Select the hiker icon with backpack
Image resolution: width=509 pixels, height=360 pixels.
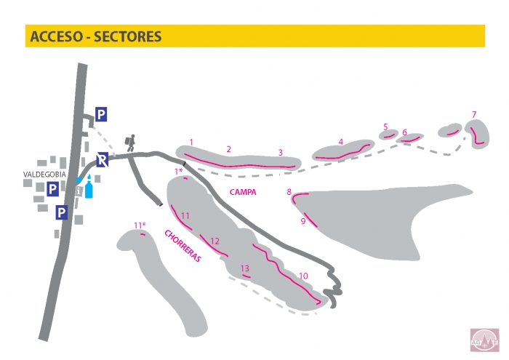pyautogui.click(x=130, y=143)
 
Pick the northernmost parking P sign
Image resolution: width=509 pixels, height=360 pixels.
pyautogui.click(x=101, y=114)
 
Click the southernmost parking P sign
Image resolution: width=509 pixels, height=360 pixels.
pyautogui.click(x=62, y=212)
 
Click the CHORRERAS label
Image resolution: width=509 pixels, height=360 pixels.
pyautogui.click(x=183, y=247)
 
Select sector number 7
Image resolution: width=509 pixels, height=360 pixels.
pyautogui.click(x=474, y=114)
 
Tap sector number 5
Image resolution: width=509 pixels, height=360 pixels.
pyautogui.click(x=385, y=126)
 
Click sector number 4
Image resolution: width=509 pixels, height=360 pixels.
pyautogui.click(x=340, y=142)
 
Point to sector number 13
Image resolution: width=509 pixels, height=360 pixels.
pyautogui.click(x=245, y=268)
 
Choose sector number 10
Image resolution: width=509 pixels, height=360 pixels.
pyautogui.click(x=303, y=276)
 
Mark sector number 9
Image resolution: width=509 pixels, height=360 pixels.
pyautogui.click(x=303, y=221)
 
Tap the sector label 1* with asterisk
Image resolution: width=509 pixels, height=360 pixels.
pyautogui.click(x=177, y=170)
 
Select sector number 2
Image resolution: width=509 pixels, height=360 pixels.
pyautogui.click(x=228, y=149)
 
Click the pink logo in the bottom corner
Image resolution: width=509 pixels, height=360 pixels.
pyautogui.click(x=484, y=339)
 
